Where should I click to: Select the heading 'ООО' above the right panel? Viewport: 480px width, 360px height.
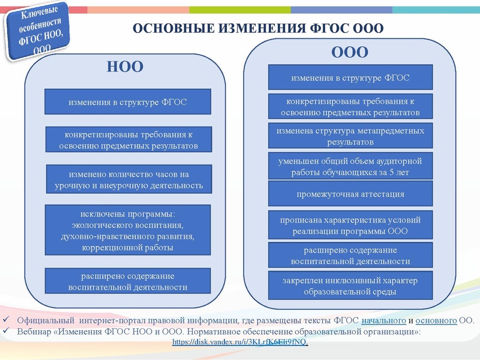pyautogui.click(x=349, y=52)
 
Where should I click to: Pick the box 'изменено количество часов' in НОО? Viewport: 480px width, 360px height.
pyautogui.click(x=128, y=179)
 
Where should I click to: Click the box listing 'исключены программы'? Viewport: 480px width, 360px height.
pyautogui.click(x=128, y=230)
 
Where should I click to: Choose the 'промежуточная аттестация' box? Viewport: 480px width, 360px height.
pyautogui.click(x=350, y=194)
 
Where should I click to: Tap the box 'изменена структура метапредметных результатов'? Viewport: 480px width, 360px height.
pyautogui.click(x=350, y=136)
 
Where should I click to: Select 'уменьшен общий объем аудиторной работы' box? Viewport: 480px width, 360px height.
pyautogui.click(x=350, y=166)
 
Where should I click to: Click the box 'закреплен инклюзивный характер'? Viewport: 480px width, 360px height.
pyautogui.click(x=350, y=286)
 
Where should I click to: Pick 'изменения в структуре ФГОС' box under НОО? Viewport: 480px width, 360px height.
pyautogui.click(x=128, y=101)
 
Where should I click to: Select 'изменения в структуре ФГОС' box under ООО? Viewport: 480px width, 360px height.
pyautogui.click(x=350, y=78)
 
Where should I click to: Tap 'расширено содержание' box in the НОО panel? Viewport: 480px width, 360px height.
pyautogui.click(x=128, y=281)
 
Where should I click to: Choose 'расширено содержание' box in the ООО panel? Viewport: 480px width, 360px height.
pyautogui.click(x=350, y=256)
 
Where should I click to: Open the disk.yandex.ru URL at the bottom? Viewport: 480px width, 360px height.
pyautogui.click(x=240, y=341)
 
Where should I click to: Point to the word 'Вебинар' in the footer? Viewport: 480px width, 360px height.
pyautogui.click(x=34, y=331)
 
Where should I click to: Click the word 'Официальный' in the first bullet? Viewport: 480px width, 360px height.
pyautogui.click(x=45, y=320)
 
